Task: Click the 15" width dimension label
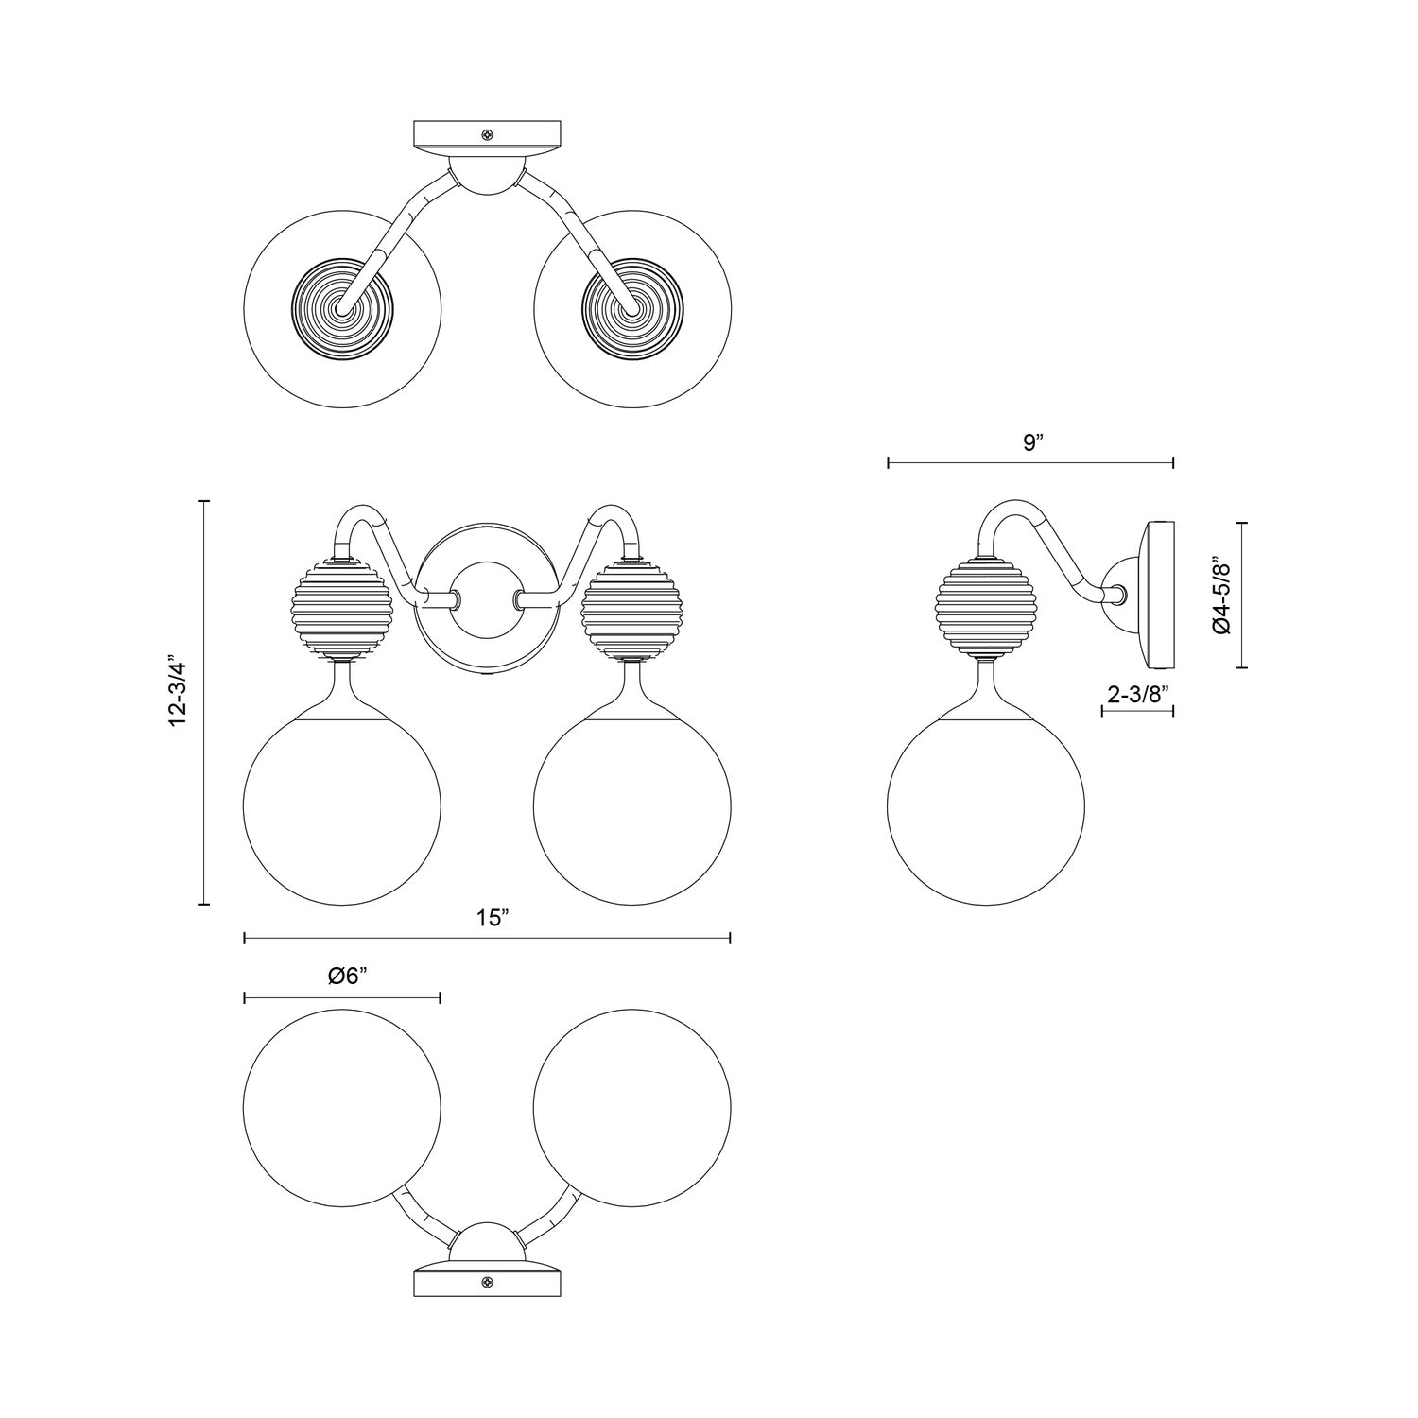click(x=493, y=918)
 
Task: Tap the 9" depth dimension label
click(x=1032, y=443)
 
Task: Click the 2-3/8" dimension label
click(x=1137, y=693)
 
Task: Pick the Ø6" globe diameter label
click(x=347, y=977)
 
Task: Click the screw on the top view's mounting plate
click(x=488, y=135)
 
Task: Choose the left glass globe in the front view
click(x=341, y=808)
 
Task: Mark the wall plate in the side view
click(x=1159, y=595)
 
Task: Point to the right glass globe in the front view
click(x=631, y=808)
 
